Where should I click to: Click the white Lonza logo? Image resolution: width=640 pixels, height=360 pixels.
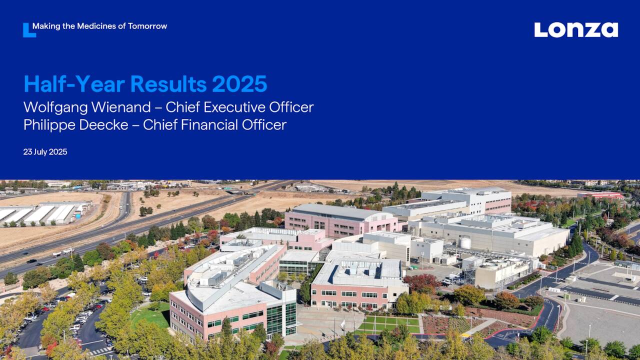(576, 29)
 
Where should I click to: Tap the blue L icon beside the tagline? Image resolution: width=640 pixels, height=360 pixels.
(28, 30)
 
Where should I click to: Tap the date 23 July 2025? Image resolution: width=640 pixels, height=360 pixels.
(45, 151)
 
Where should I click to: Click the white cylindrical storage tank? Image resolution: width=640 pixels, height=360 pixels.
(465, 242)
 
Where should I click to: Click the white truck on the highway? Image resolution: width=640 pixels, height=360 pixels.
(63, 252)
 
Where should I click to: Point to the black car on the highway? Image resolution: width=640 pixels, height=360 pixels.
(31, 261)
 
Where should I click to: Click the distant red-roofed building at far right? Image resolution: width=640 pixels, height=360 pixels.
(600, 195)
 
